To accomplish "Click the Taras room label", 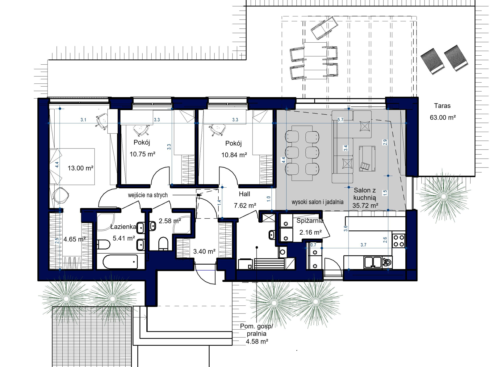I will coord(442,106).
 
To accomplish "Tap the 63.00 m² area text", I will coord(442,117).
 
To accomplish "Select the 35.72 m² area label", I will coord(365,205).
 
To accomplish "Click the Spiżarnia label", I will coord(310,221).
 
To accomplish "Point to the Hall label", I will coord(244,194).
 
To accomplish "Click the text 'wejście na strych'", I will coord(148,195).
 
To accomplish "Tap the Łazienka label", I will coord(123,227).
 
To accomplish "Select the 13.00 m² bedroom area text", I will coord(80,168).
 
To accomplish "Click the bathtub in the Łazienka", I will coord(120,262).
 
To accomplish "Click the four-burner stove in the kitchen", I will coord(399,241).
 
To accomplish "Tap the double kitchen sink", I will coord(373,262).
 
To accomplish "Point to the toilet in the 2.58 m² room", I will coord(163,244).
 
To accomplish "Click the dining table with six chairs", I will coord(302,153).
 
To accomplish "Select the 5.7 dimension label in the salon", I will coord(340,120).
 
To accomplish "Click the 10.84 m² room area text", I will coord(234,155).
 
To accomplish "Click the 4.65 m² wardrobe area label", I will coord(74,239).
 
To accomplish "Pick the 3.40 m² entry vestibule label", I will coord(204,251).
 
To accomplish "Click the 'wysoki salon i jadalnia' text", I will coord(317,202).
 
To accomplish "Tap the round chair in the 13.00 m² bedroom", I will coord(61,195).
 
